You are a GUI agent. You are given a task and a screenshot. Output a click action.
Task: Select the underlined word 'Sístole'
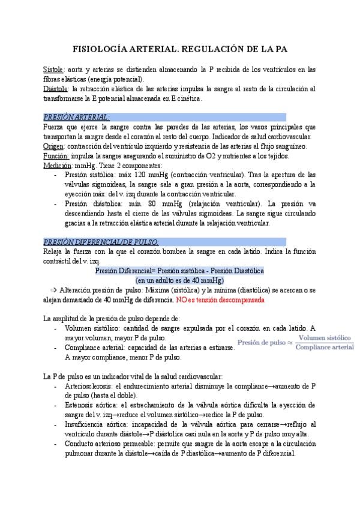coord(54,70)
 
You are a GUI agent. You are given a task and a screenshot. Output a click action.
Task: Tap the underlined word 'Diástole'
coord(56,89)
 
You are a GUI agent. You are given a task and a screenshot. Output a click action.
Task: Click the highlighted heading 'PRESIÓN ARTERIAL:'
coord(77,117)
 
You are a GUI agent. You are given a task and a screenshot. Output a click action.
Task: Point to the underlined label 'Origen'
coord(54,146)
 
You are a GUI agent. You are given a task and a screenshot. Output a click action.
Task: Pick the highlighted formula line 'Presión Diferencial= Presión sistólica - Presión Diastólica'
coord(179,271)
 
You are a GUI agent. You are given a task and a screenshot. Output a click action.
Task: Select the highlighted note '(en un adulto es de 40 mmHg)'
coord(179,280)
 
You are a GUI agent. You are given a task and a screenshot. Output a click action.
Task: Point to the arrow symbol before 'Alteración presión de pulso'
coord(54,290)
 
